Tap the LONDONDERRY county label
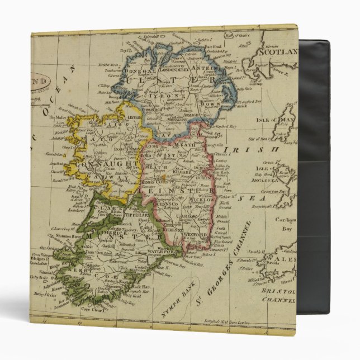click(165, 72)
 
